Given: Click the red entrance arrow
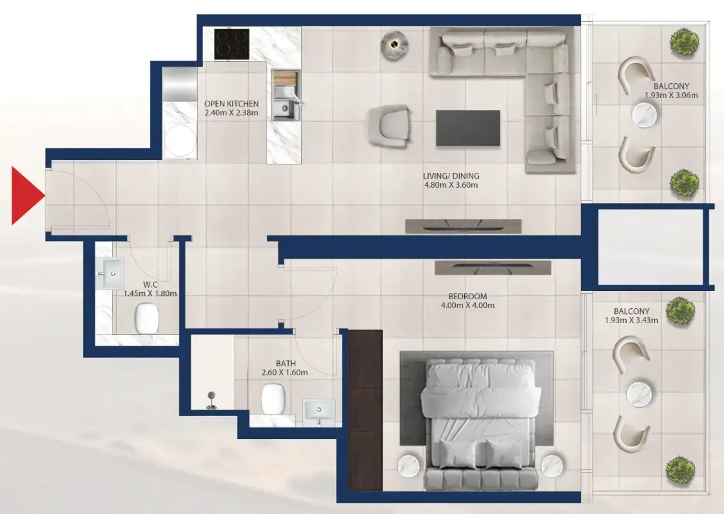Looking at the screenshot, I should (x=26, y=195).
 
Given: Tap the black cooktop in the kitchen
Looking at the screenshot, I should (x=231, y=43).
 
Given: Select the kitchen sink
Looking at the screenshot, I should (x=284, y=110).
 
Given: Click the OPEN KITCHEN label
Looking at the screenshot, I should (x=231, y=103).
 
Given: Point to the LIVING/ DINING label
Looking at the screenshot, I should (x=451, y=175).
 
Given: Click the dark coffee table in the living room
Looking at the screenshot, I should (x=467, y=128).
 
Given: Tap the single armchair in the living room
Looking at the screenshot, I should (x=389, y=125).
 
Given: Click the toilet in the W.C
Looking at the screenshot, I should (x=146, y=318).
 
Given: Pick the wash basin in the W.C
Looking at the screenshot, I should (x=112, y=274).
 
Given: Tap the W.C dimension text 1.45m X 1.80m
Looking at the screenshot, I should (x=150, y=293).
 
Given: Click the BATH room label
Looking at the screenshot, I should (x=286, y=363).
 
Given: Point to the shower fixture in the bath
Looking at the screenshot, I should (x=211, y=399).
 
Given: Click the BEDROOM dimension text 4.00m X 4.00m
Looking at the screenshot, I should (x=467, y=306).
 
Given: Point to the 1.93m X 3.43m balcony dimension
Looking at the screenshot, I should (x=631, y=320).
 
